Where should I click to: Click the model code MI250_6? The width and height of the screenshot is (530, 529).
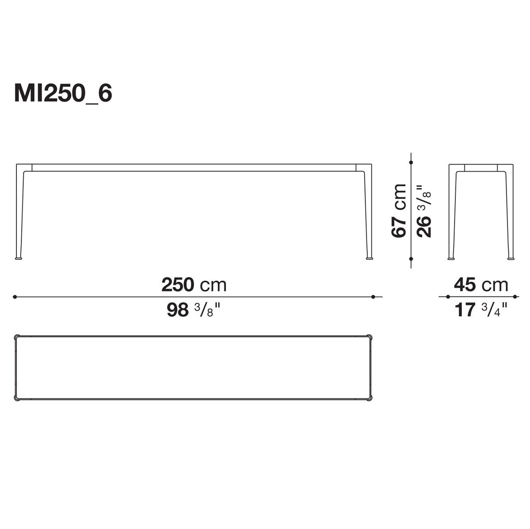[63, 93]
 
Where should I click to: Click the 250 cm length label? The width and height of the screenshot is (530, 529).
[194, 285]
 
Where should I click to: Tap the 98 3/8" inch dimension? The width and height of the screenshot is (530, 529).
[194, 310]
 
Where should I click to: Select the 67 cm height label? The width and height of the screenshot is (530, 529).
[398, 210]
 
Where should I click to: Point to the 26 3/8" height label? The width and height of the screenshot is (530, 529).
[424, 211]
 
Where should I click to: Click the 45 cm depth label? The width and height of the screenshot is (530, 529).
[481, 285]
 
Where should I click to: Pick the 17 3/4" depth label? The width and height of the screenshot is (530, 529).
[481, 310]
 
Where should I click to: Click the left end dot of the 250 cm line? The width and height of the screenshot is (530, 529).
[15, 297]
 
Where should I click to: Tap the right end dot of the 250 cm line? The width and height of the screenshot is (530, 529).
[373, 297]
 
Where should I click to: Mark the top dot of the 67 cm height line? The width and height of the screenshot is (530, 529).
[411, 163]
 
